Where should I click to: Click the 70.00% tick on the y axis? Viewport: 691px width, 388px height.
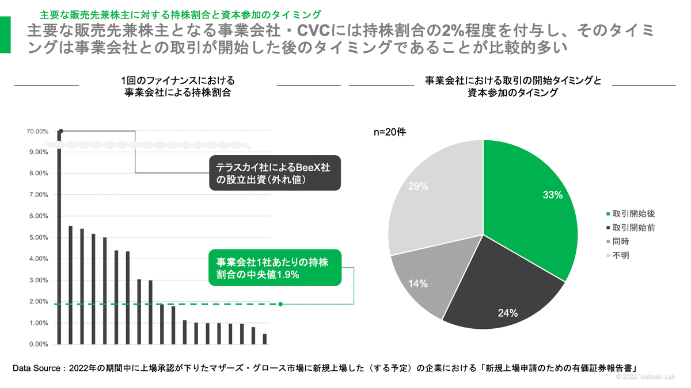click(37, 131)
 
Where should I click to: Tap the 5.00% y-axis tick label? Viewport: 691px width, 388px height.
click(37, 237)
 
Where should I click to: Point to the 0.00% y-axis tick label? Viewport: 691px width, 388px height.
click(37, 344)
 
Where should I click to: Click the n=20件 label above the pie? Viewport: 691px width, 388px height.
click(390, 132)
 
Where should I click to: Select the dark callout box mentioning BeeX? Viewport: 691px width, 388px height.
click(275, 173)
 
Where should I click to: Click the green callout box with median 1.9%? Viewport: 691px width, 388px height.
click(275, 268)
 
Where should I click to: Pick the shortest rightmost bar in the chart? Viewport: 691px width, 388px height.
click(265, 339)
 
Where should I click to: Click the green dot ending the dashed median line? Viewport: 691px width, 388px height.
click(280, 304)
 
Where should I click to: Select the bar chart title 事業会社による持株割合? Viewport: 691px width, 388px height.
click(178, 92)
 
